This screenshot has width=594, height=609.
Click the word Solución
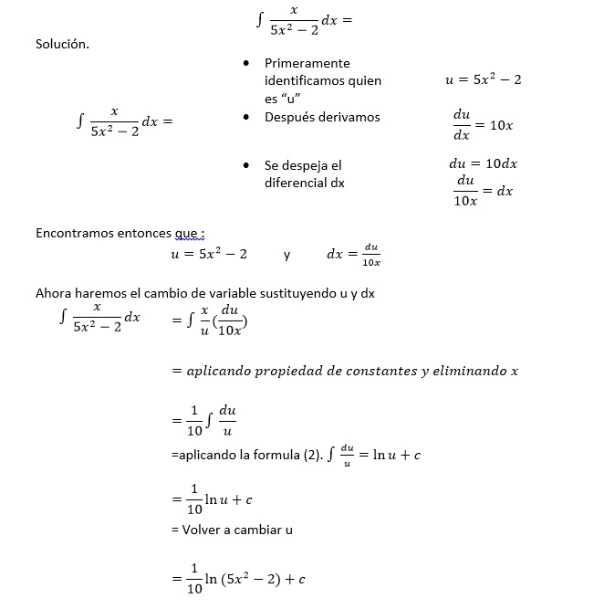click(62, 44)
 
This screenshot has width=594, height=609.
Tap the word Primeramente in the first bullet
click(307, 63)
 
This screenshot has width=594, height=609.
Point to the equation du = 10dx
click(483, 164)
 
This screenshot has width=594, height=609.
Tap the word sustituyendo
click(297, 293)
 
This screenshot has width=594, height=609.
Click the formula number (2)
click(313, 455)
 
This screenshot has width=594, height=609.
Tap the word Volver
click(203, 529)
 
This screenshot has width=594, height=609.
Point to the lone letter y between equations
click(287, 255)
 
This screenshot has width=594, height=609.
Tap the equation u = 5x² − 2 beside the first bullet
click(483, 80)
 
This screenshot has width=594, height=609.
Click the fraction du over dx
click(462, 125)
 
